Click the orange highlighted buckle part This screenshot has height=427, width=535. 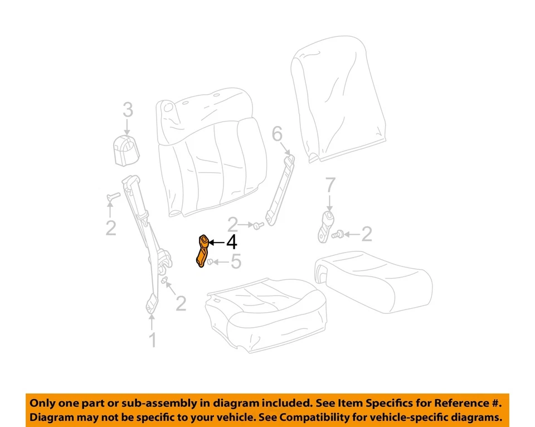point(202,250)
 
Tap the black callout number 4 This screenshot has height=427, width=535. point(230,242)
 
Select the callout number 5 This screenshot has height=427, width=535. point(236,261)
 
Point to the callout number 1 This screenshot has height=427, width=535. point(152,339)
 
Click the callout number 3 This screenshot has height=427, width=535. point(128,110)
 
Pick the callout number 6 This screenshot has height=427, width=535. point(277,134)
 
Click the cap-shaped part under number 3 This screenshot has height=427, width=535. point(127,149)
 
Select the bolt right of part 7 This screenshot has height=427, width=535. point(336,236)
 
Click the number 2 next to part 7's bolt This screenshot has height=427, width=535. point(366,234)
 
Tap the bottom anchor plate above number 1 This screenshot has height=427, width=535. point(152,303)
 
